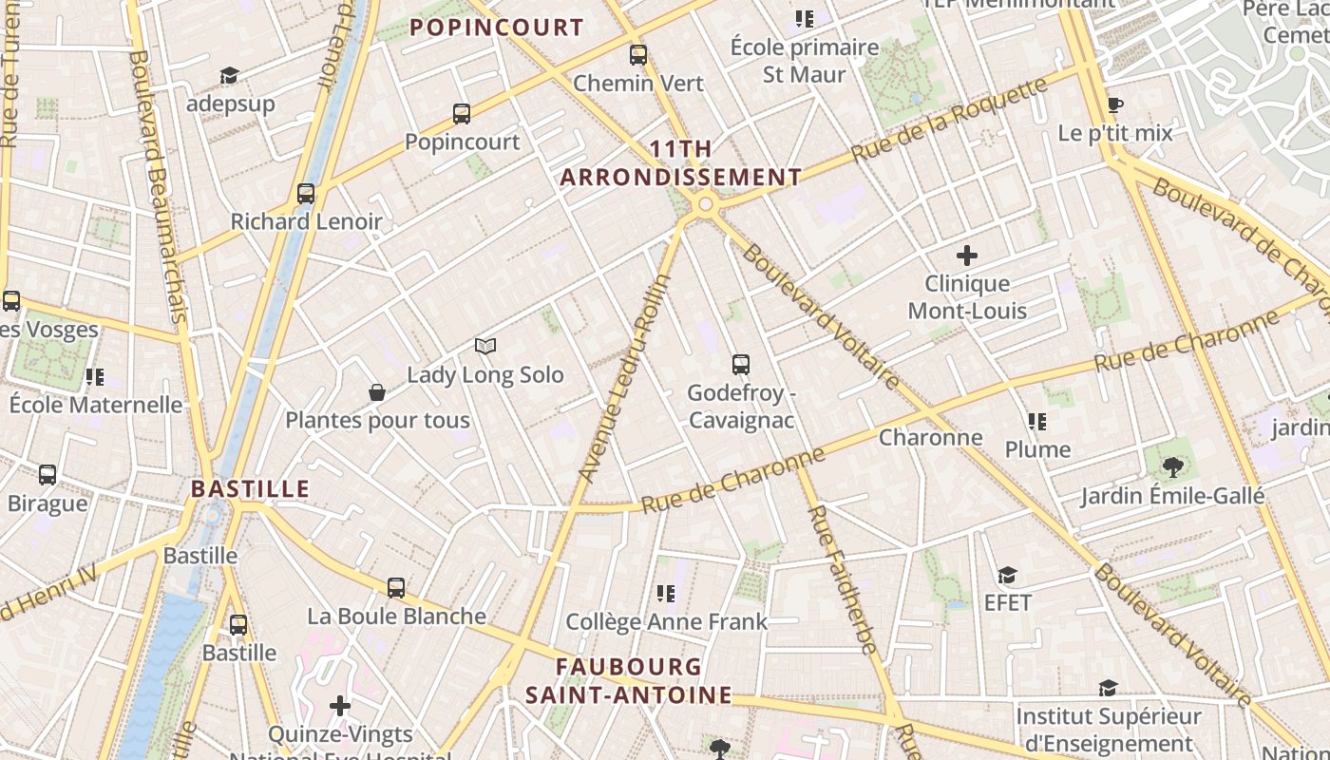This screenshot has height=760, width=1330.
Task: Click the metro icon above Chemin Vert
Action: (638, 55)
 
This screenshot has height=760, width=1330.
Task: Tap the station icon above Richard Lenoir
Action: (306, 194)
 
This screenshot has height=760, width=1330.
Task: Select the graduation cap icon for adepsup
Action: (229, 75)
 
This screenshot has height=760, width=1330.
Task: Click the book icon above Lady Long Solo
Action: (485, 347)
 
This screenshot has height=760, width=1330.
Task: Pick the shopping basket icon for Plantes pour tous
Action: (377, 392)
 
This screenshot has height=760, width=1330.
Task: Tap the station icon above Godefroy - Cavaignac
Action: (741, 364)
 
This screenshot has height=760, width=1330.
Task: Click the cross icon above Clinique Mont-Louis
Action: (967, 256)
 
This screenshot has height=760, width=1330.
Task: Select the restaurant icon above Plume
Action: (1037, 421)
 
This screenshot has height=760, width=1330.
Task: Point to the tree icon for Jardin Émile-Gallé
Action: (1173, 466)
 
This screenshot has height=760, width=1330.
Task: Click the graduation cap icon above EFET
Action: (1007, 575)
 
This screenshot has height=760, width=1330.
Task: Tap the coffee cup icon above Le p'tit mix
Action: (1115, 104)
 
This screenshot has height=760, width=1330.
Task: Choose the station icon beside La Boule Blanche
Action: (396, 588)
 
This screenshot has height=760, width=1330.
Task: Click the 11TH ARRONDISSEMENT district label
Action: (681, 163)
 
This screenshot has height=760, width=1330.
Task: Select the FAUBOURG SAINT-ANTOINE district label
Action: (629, 681)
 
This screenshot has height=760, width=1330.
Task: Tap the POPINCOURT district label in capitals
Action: (497, 28)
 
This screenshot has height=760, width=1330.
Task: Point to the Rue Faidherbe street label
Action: (843, 579)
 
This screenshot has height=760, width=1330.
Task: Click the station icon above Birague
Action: (47, 475)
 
